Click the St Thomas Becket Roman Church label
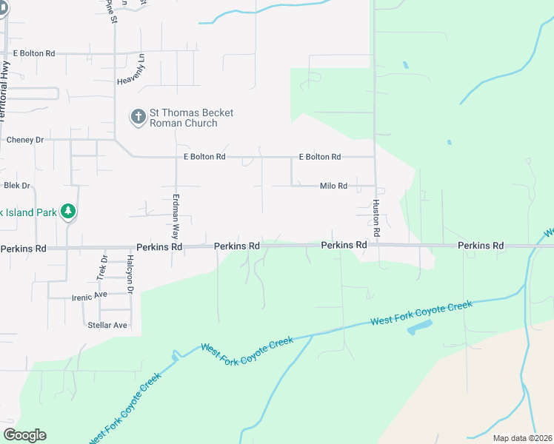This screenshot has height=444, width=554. [191, 118]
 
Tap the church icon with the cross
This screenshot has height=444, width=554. [138, 117]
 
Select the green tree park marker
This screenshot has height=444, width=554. [68, 212]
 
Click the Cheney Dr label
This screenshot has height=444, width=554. [25, 139]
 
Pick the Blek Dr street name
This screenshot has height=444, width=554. [16, 185]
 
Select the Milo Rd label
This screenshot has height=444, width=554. [333, 186]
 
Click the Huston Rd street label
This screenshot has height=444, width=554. [376, 218]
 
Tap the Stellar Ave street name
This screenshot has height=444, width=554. [107, 325]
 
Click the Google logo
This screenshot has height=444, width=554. [24, 435]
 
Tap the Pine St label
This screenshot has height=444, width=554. [112, 11]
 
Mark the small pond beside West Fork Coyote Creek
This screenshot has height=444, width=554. [419, 326]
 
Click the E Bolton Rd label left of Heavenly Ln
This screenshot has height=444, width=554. [34, 53]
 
